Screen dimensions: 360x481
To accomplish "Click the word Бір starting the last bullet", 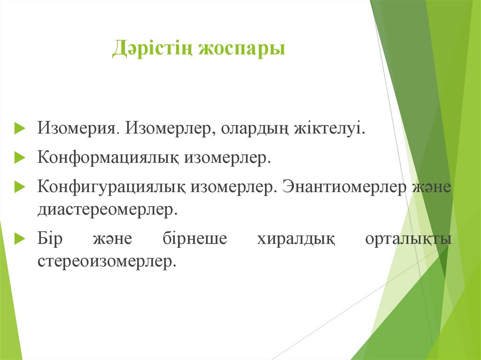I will point(49,238).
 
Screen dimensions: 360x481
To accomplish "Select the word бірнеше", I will point(194,238).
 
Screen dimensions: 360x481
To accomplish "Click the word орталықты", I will point(408,238).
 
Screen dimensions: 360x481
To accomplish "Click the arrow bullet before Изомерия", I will point(19,129).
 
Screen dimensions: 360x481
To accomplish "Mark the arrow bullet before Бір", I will point(19,239).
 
